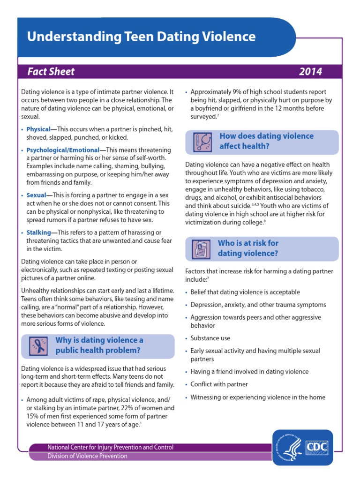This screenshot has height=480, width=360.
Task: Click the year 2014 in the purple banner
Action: click(x=310, y=72)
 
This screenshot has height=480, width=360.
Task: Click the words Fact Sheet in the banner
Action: click(x=51, y=72)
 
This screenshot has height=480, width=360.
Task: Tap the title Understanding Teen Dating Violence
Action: click(x=141, y=37)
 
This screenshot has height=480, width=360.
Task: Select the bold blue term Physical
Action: click(x=38, y=129)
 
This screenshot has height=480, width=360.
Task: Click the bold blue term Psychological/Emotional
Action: click(x=63, y=150)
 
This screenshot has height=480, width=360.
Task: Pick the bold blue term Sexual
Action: click(x=36, y=195)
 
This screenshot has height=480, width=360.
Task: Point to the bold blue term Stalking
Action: click(x=38, y=232)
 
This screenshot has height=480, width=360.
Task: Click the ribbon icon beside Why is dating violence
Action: click(x=37, y=346)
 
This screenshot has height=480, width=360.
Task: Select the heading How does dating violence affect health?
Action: click(x=266, y=141)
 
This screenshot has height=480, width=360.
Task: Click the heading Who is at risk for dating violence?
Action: click(x=248, y=248)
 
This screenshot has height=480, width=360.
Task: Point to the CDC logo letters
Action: click(x=317, y=446)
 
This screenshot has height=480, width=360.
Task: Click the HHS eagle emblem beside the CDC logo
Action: click(x=290, y=447)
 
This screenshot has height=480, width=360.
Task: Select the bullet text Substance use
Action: click(x=210, y=338)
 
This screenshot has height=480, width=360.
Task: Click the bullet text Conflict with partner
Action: click(x=219, y=384)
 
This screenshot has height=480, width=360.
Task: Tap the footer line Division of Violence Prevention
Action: click(x=87, y=456)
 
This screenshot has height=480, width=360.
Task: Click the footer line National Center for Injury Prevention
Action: click(x=110, y=447)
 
